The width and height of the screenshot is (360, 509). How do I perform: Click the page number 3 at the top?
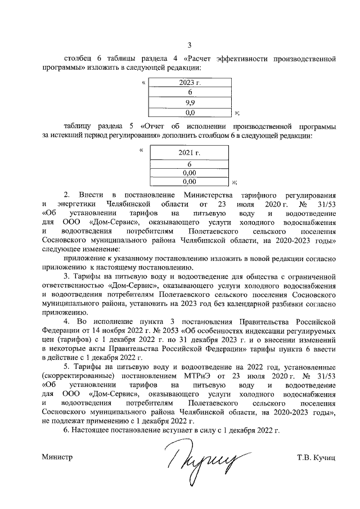click(x=189, y=46)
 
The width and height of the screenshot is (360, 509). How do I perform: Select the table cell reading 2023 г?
click(x=189, y=83)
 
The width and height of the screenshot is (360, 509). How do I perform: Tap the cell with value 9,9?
click(x=189, y=102)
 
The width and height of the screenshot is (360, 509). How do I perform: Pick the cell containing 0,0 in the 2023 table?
click(x=189, y=112)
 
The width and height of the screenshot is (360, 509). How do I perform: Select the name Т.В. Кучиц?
click(x=316, y=458)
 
